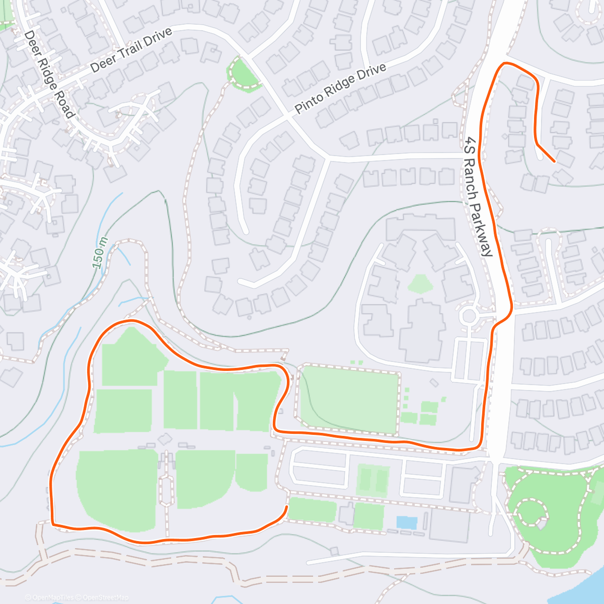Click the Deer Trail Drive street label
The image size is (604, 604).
[132, 50]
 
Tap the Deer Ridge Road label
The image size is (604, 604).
[49, 74]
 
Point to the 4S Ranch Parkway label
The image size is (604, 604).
[478, 196]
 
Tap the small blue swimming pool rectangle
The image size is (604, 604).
[406, 522]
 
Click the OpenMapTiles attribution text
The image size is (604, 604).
[49, 597]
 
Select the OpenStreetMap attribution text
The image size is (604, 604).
[105, 597]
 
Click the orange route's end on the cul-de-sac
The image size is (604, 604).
[554, 162]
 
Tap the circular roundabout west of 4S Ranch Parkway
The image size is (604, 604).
[469, 316]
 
